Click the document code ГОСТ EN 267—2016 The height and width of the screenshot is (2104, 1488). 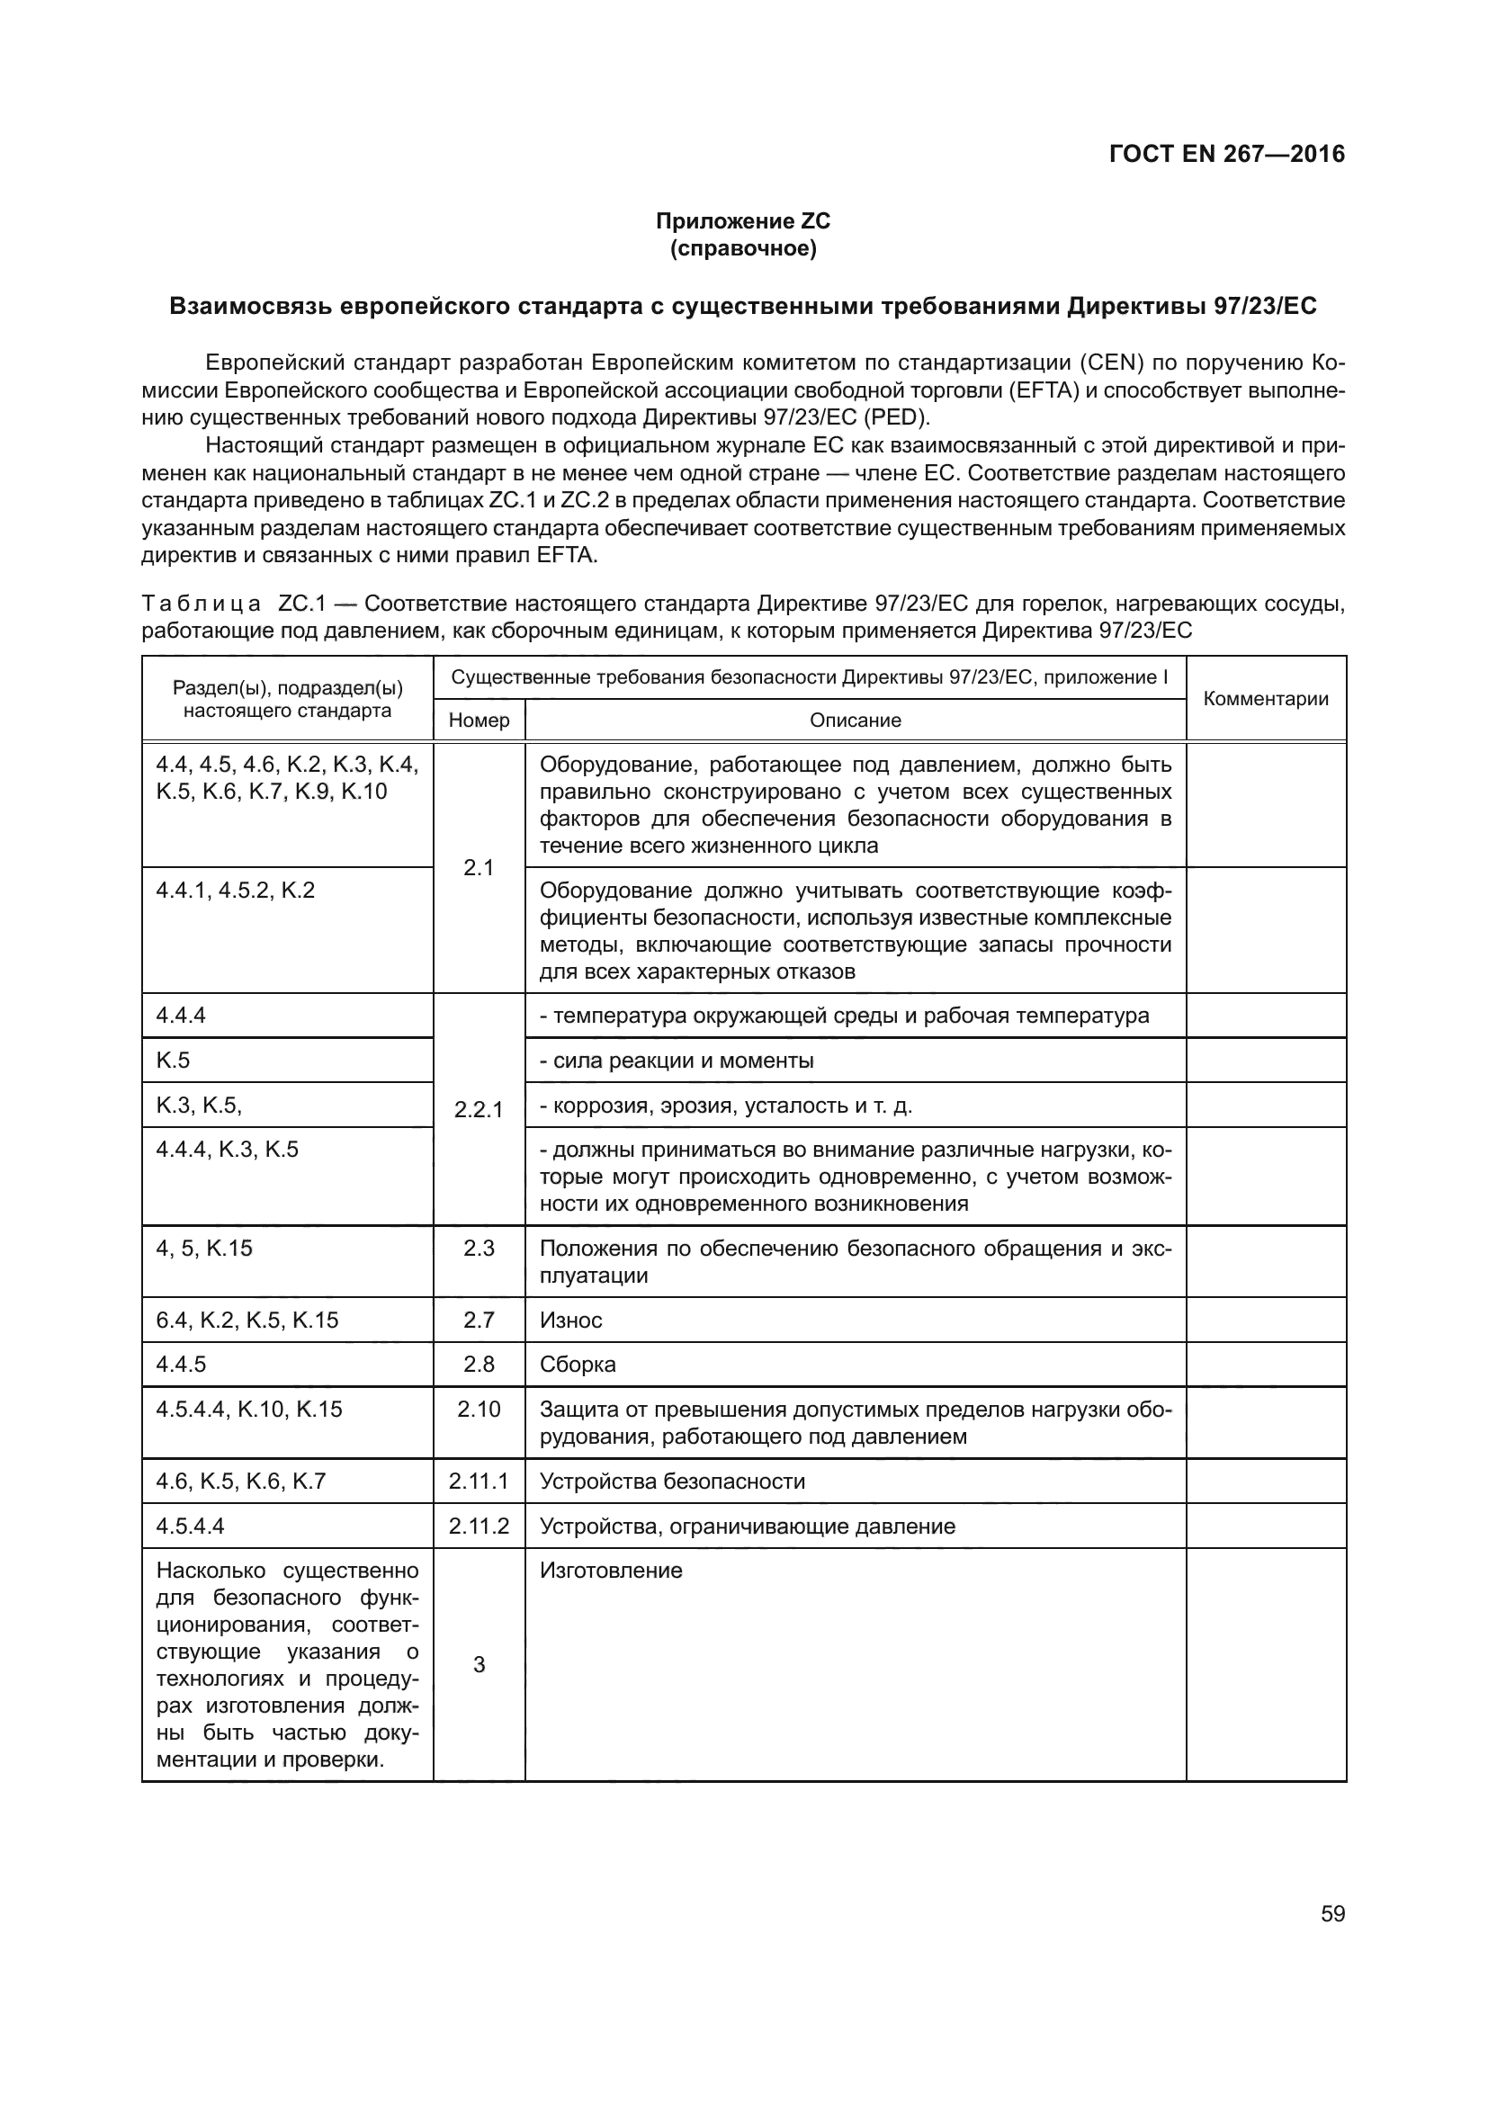coord(1226,154)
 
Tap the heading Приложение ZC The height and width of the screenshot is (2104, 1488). coord(743,221)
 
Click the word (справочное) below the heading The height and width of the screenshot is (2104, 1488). coord(743,248)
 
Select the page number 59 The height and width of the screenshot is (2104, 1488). coord(1332,1914)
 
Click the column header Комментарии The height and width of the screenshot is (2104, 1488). coord(1266,699)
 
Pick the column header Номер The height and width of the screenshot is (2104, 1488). coord(480,721)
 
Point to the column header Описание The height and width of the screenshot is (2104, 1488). coord(855,721)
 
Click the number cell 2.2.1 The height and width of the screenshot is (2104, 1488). coord(480,1110)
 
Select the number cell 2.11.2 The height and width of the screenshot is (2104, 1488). coord(480,1526)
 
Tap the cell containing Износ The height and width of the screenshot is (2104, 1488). coord(571,1320)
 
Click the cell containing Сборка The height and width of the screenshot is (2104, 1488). coord(578,1365)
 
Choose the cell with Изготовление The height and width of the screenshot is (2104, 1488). coord(611,1571)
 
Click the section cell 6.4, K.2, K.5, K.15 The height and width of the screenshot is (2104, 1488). coord(247,1320)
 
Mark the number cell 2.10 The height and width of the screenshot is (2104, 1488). coord(480,1410)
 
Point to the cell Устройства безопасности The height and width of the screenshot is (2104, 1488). coord(673,1481)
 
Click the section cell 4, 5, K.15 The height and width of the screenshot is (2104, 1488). coord(204,1249)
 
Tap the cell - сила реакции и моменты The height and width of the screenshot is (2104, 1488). coord(677,1061)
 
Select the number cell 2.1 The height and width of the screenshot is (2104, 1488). coord(480,868)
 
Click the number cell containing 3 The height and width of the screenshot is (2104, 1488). coord(480,1665)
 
